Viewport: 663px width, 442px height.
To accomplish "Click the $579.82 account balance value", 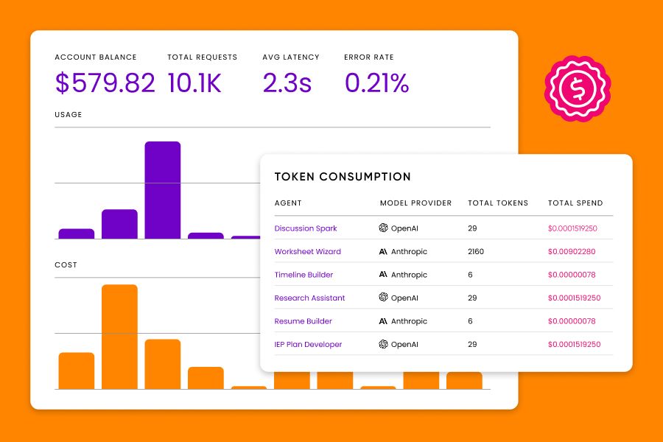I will [x=105, y=83].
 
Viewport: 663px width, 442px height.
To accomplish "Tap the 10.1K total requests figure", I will [x=194, y=83].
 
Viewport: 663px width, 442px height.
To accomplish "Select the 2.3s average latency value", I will [x=287, y=83].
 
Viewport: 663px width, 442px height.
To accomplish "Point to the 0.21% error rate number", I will [x=376, y=83].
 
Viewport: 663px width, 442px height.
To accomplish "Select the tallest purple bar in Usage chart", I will [x=162, y=190].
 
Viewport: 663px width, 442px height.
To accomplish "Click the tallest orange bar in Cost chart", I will [x=119, y=336].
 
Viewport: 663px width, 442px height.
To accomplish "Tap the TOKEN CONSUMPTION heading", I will [x=343, y=177].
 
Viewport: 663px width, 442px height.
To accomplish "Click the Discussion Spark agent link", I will [x=305, y=228].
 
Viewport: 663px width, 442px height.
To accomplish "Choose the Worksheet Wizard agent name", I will [x=307, y=252].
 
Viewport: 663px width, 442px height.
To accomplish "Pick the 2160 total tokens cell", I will [x=475, y=252].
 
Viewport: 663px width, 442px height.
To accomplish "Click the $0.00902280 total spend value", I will [x=572, y=252].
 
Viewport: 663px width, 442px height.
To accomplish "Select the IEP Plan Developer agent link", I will [x=308, y=345].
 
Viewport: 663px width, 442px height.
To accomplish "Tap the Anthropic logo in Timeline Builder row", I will [x=383, y=275].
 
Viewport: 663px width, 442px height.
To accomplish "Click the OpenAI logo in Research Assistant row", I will [x=383, y=298].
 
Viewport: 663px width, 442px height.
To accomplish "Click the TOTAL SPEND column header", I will [x=575, y=203].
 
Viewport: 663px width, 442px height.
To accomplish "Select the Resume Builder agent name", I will [x=303, y=321].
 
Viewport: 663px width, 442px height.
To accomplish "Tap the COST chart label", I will [x=66, y=265].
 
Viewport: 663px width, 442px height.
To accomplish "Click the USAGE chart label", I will [x=69, y=115].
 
